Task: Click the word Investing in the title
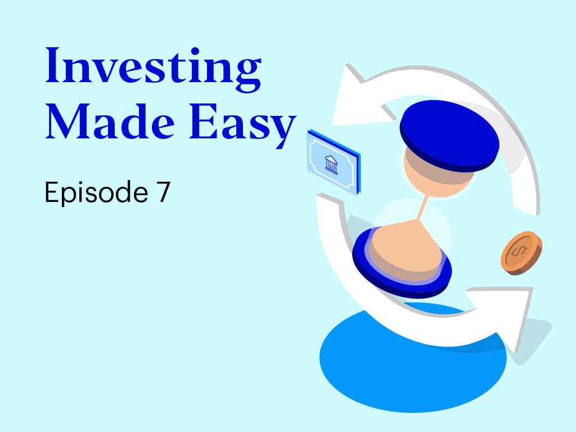tap(153, 70)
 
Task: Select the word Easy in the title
tap(242, 125)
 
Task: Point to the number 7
tap(164, 192)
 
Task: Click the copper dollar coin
tap(521, 253)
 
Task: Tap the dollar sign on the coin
tap(518, 251)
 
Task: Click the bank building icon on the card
tap(331, 164)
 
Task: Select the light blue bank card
tap(334, 161)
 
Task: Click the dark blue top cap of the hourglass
tap(449, 135)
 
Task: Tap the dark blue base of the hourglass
tap(402, 263)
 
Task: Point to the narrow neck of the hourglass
tap(424, 208)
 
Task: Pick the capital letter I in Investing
tap(52, 65)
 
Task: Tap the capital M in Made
tap(67, 121)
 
